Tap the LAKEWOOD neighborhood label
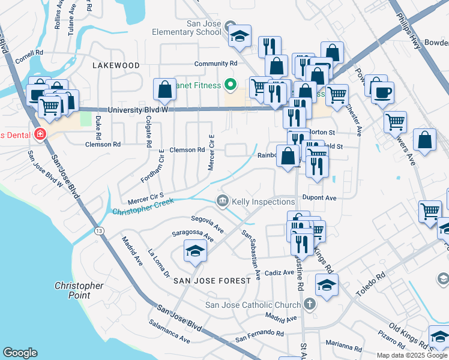(x=116, y=65)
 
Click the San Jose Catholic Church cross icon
(x=309, y=305)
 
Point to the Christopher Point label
(x=79, y=290)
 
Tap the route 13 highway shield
(x=97, y=231)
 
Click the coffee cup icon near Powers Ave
(x=382, y=93)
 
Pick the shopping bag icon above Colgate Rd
(x=164, y=90)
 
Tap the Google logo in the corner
(x=20, y=353)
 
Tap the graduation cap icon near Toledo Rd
(x=327, y=286)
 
